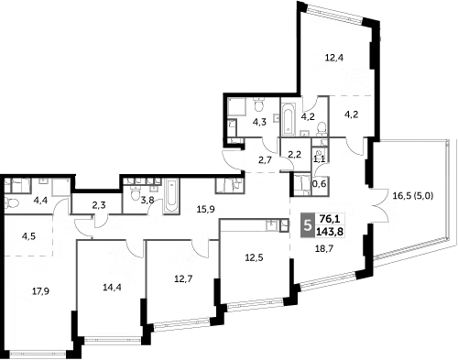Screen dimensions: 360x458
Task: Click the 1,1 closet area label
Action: (x=319, y=158)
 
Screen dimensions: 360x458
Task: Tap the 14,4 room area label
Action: (x=112, y=286)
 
